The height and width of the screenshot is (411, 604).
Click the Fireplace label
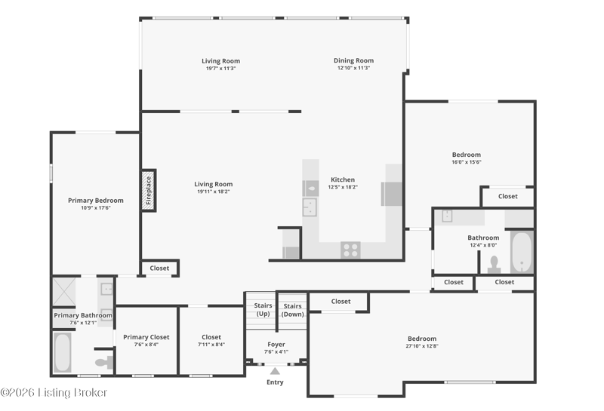(148, 191)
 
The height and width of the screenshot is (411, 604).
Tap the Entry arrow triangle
(275, 371)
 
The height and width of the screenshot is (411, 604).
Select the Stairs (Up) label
(263, 309)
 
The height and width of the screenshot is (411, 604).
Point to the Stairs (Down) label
(292, 310)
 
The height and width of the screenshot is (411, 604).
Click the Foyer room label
(276, 345)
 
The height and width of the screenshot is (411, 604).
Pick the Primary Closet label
(146, 337)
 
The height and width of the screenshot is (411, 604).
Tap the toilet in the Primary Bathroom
(104, 362)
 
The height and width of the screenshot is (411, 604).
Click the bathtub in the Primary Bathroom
(62, 352)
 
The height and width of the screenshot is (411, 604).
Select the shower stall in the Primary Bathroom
(64, 292)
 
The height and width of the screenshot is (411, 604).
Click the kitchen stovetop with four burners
(350, 250)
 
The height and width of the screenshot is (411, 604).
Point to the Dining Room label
(353, 60)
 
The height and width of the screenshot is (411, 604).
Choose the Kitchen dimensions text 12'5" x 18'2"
(343, 188)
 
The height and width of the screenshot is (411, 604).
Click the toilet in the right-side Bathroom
(494, 265)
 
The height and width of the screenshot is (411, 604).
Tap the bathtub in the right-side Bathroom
(522, 252)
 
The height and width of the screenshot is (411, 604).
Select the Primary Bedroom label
(96, 201)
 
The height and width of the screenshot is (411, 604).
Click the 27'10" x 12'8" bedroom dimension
(422, 346)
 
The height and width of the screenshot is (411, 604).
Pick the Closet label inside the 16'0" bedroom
(507, 196)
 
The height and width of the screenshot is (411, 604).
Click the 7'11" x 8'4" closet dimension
(211, 345)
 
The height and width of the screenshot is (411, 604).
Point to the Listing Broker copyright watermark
(54, 393)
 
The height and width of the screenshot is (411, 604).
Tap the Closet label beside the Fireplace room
(159, 268)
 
